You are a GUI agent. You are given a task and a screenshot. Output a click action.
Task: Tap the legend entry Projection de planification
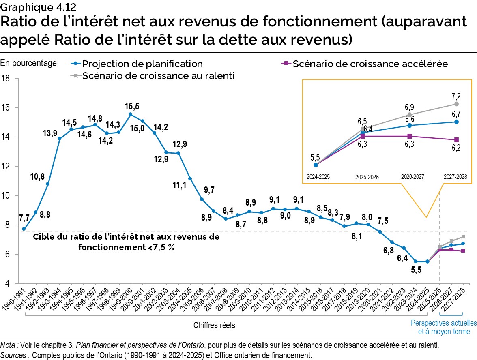tap(142, 64)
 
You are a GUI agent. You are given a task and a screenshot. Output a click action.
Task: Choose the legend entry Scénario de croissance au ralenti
tap(158, 76)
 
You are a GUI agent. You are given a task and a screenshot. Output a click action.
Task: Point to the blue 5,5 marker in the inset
tap(316, 165)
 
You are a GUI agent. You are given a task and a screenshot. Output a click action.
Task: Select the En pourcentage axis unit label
tap(28, 63)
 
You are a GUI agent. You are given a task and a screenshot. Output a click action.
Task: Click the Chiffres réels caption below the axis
tap(214, 325)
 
